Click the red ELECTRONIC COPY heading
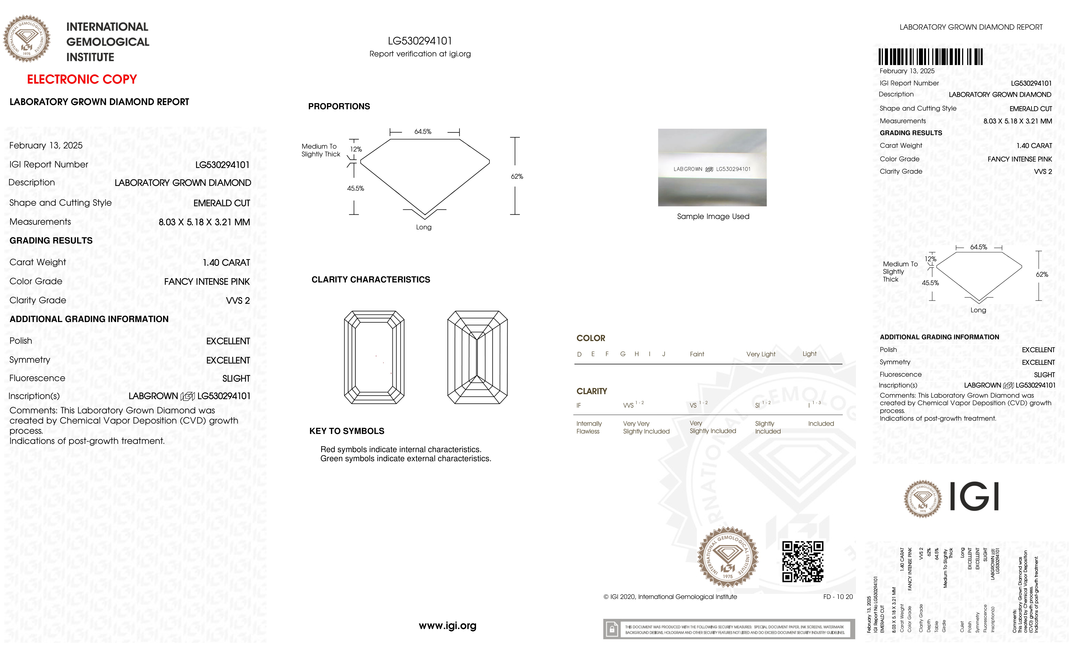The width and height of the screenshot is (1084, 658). pos(82,80)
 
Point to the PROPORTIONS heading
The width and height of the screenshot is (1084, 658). pos(339,106)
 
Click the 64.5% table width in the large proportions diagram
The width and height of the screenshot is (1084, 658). pos(423,132)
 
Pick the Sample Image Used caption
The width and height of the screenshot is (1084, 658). pos(713,216)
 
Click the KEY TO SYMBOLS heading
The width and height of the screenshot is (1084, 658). pos(347,431)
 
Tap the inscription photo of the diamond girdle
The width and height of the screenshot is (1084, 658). pos(712,168)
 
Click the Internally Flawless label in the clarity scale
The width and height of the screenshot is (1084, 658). pos(589,427)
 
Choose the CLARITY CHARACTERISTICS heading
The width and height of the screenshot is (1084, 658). pos(370,280)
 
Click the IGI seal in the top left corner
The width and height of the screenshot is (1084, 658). pos(27,39)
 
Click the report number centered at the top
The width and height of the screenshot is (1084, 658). pos(420,41)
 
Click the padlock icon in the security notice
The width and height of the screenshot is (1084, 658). pos(611,629)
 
